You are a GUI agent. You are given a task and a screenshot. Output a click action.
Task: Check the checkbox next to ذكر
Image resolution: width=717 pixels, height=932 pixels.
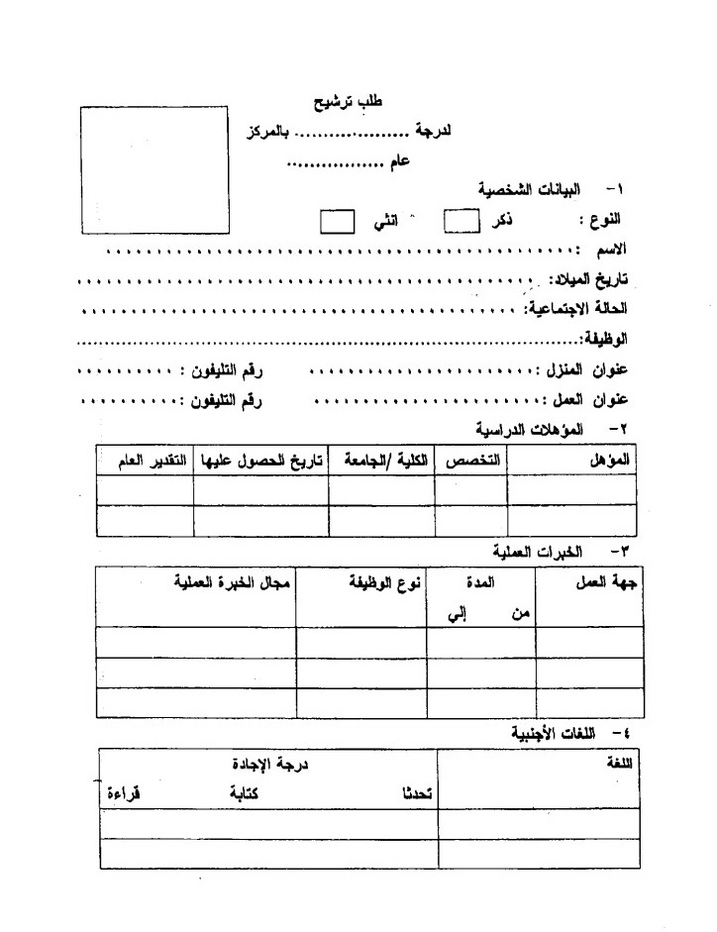click(461, 219)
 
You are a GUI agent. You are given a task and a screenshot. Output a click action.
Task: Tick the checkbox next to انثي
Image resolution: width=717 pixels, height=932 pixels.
click(337, 219)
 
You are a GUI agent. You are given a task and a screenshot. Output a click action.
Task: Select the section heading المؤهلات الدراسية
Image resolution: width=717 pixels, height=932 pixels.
click(530, 429)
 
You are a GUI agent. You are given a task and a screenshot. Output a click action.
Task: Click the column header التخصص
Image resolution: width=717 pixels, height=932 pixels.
click(471, 462)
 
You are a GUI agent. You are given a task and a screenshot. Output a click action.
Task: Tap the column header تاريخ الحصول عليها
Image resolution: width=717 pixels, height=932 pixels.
click(261, 463)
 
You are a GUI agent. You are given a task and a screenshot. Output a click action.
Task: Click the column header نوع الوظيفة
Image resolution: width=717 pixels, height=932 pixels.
click(382, 583)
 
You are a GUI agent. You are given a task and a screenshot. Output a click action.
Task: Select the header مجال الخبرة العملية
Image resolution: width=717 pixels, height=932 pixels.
click(230, 581)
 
